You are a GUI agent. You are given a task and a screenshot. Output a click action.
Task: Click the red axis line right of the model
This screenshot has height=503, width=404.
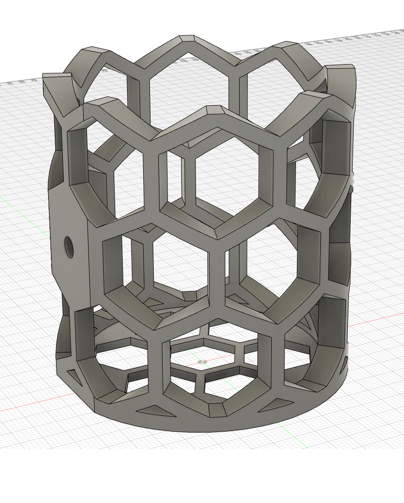pos(376,320)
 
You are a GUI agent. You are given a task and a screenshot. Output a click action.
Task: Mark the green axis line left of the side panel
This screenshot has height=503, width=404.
pos(24,205)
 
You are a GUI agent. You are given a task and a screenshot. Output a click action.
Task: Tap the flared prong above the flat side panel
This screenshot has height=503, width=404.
pos(56,91)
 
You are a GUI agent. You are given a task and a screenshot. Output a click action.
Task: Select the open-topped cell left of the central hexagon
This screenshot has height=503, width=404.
pos(114,162)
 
